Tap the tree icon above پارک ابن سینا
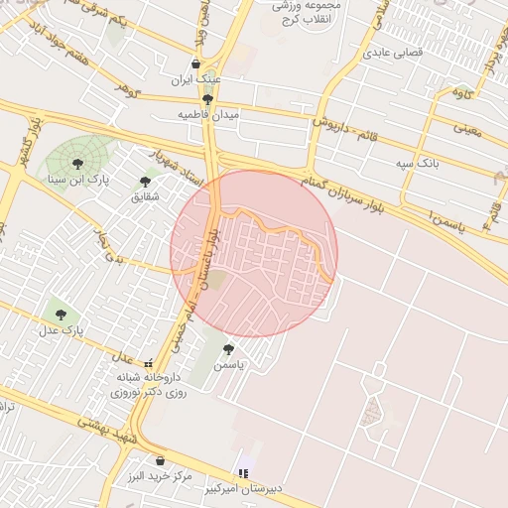click(77, 164)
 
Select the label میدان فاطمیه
click(208, 115)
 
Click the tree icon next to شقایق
click(146, 182)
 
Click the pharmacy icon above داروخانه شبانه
click(148, 363)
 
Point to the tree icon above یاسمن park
click(229, 349)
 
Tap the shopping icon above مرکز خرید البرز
click(160, 459)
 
